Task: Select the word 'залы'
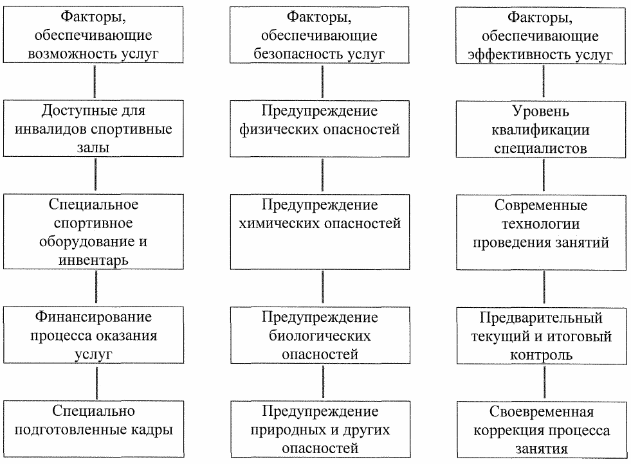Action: point(95,147)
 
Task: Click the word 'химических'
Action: point(287,224)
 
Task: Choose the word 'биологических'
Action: point(322,336)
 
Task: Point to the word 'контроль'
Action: point(545,354)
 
